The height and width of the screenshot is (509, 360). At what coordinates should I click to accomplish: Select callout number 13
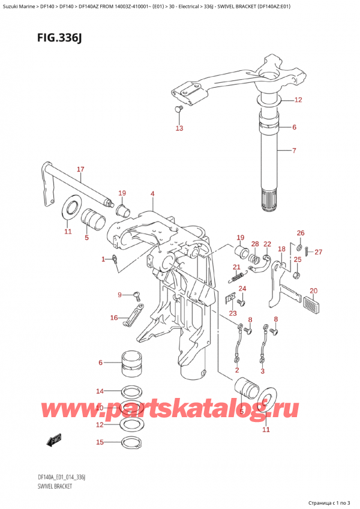179,128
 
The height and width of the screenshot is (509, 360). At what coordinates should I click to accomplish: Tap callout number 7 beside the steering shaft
294,150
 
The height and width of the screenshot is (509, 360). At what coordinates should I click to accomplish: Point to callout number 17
80,169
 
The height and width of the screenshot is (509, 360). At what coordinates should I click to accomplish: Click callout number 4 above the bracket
152,193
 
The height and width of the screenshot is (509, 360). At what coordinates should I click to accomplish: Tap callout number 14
100,391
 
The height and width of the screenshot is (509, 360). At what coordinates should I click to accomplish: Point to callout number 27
318,251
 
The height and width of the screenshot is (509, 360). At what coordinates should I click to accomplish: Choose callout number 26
301,233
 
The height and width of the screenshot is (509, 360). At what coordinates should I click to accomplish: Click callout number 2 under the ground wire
237,370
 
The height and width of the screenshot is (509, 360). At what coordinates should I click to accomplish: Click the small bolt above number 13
178,109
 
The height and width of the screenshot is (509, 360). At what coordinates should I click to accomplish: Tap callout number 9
119,294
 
